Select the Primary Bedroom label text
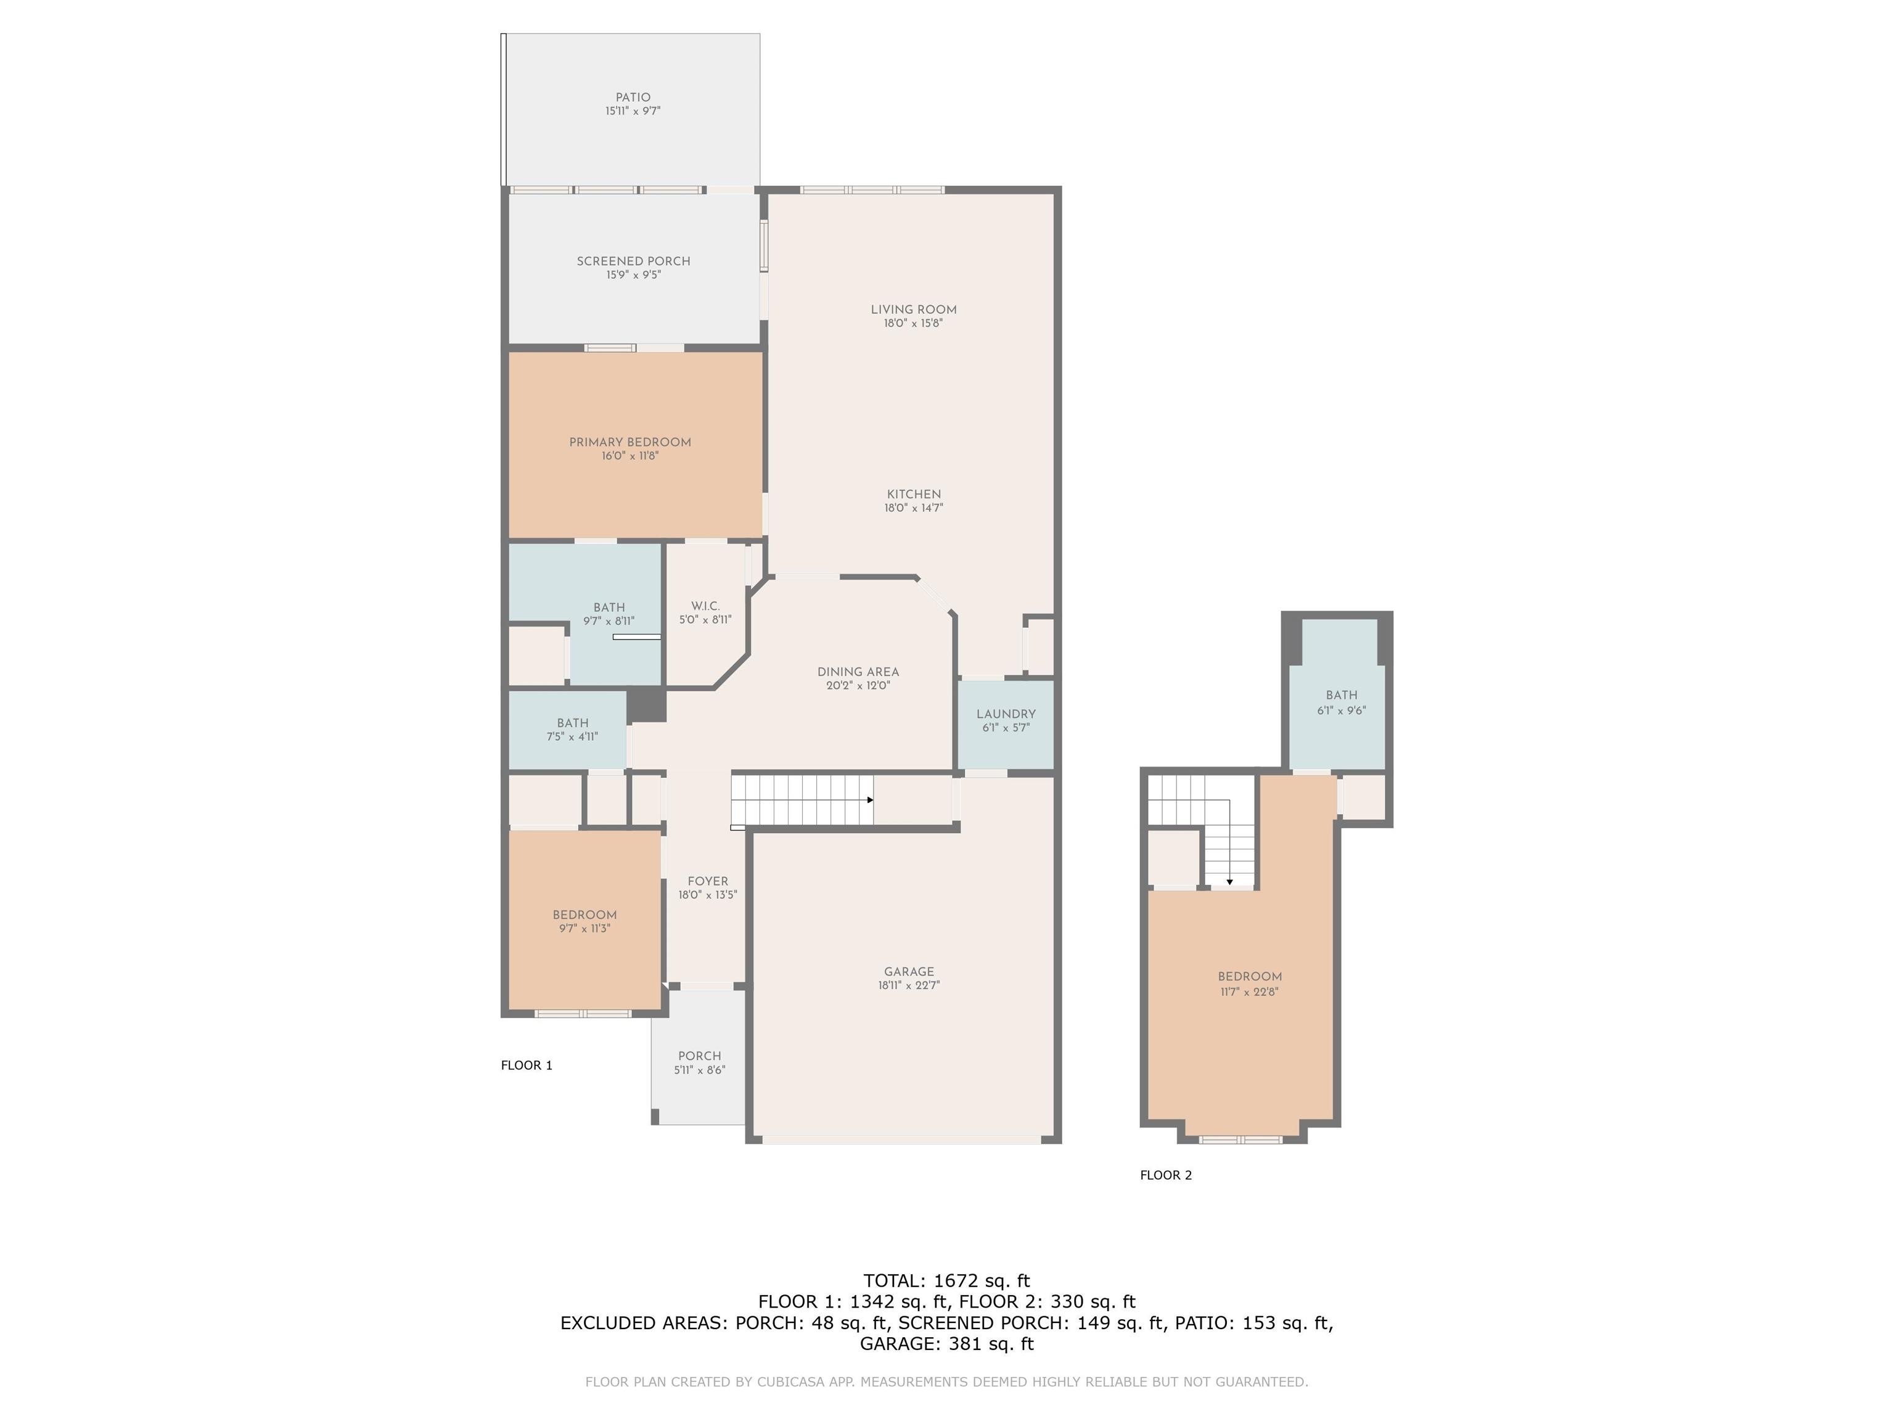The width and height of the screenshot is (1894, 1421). [x=630, y=442]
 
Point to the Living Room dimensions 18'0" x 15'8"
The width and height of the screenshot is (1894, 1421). [x=914, y=324]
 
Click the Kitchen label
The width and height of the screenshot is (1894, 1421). [x=914, y=494]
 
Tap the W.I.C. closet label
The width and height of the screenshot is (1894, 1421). [x=705, y=606]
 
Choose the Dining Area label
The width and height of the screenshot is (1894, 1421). [x=858, y=672]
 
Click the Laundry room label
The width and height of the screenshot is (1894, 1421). [x=1006, y=714]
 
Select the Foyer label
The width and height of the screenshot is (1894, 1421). [x=708, y=881]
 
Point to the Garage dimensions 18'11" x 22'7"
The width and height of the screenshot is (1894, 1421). [x=909, y=986]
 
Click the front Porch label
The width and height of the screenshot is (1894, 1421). [x=700, y=1056]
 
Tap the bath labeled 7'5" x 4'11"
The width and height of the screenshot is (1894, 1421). [x=573, y=730]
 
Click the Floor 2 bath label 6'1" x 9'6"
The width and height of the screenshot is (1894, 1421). [x=1342, y=703]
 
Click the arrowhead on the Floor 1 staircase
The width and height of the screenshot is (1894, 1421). [x=870, y=800]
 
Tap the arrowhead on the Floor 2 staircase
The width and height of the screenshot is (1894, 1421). [x=1229, y=881]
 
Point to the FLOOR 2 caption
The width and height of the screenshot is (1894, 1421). [x=1166, y=1175]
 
